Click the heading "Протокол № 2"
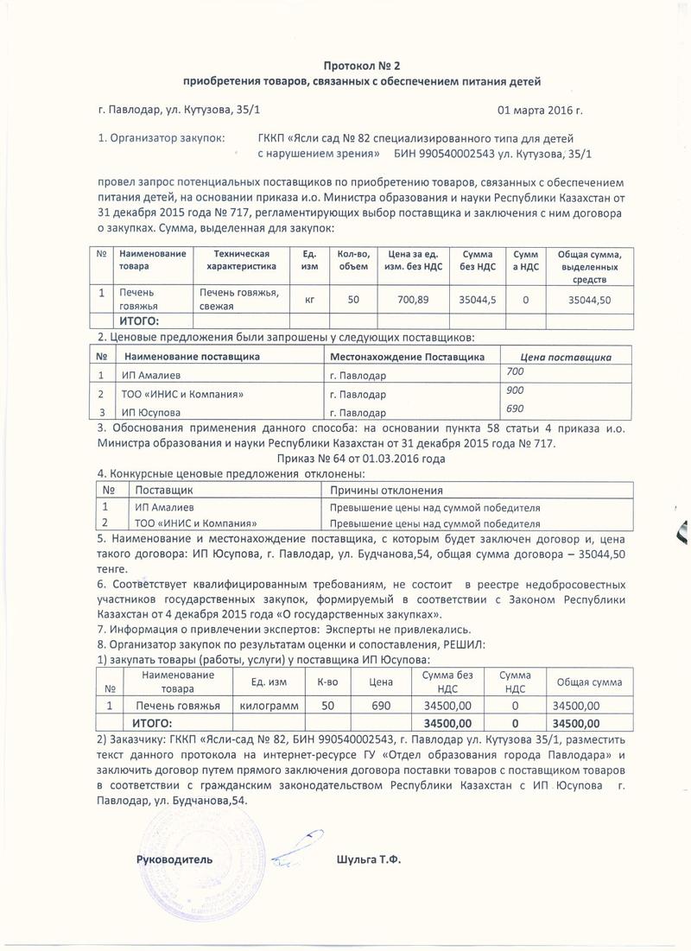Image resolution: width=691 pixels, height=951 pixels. (x=363, y=66)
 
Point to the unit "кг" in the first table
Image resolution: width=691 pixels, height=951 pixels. (x=309, y=299)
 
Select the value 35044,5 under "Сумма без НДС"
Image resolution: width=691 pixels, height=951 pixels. (x=478, y=299)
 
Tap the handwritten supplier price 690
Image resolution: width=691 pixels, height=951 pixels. (x=514, y=408)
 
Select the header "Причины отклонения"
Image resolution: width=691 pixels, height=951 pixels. (x=377, y=490)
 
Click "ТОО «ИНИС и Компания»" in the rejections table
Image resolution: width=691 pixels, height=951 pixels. (x=193, y=523)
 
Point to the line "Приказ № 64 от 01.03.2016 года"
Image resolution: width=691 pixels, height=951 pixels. (x=363, y=460)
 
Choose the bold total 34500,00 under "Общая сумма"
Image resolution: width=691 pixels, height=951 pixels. (x=575, y=722)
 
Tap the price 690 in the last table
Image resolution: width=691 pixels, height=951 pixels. (x=381, y=706)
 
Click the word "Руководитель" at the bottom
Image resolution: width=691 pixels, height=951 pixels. (x=174, y=859)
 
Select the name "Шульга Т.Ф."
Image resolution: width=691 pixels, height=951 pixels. (x=368, y=859)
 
